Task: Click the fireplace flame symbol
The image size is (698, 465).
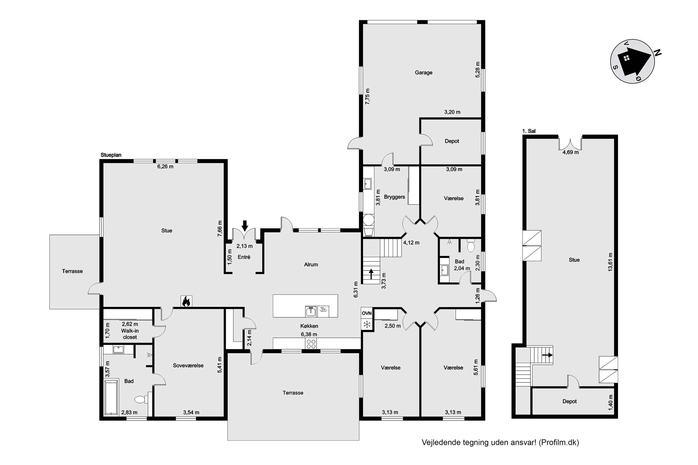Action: [186, 301]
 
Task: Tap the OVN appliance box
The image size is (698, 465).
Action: [367, 313]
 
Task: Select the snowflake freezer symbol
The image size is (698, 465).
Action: [367, 324]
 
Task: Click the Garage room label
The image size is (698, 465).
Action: [423, 73]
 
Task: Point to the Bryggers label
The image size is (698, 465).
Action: [394, 197]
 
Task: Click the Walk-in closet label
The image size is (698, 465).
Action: [130, 334]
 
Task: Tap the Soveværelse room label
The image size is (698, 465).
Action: [188, 366]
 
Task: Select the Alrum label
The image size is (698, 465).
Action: [311, 265]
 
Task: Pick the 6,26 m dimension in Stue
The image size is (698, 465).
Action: [165, 167]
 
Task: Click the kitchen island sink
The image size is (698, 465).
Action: [311, 311]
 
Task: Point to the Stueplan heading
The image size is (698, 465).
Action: [111, 155]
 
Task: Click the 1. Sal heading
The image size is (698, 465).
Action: [529, 131]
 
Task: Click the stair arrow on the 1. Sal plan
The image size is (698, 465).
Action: [547, 355]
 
